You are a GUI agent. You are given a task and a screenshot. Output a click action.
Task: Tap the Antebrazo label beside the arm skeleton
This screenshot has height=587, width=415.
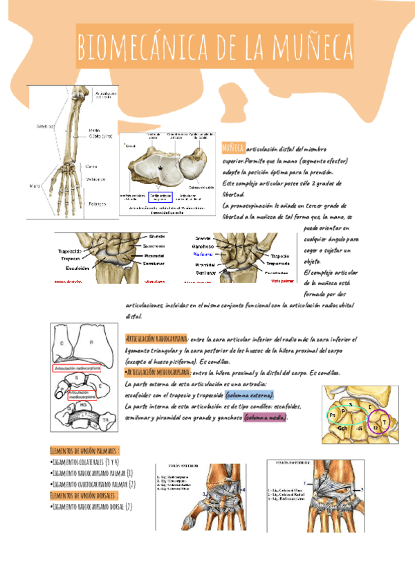coord(46,126)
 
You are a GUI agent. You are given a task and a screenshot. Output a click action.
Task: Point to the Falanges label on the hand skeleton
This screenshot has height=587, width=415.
coord(98,203)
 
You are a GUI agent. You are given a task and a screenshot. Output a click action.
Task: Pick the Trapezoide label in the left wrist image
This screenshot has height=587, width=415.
coord(70,251)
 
